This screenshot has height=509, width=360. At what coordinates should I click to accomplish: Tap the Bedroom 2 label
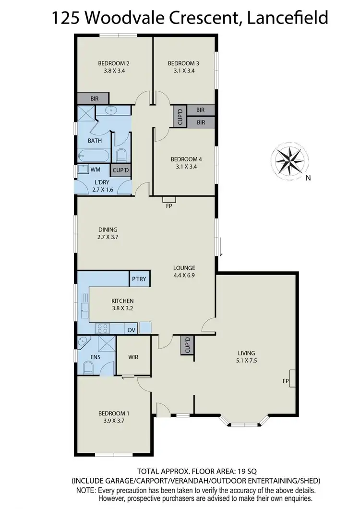[x=114, y=63]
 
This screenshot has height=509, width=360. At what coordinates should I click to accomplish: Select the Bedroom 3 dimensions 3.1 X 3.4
[x=183, y=71]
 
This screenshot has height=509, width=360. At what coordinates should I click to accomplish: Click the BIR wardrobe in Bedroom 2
[x=95, y=98]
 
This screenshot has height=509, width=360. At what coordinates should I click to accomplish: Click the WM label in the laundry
[x=95, y=170]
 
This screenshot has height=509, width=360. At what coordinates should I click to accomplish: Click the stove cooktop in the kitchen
[x=103, y=329]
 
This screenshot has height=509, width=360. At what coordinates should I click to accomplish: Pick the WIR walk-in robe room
[x=133, y=357]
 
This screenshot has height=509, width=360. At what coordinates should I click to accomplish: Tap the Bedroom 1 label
[x=114, y=413]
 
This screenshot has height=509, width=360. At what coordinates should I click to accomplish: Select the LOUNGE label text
[x=184, y=268]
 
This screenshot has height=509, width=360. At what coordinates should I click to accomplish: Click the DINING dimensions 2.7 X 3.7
[x=107, y=237]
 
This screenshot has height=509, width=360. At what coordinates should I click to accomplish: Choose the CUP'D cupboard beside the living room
[x=187, y=345]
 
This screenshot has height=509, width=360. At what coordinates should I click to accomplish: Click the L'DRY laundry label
[x=102, y=182]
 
